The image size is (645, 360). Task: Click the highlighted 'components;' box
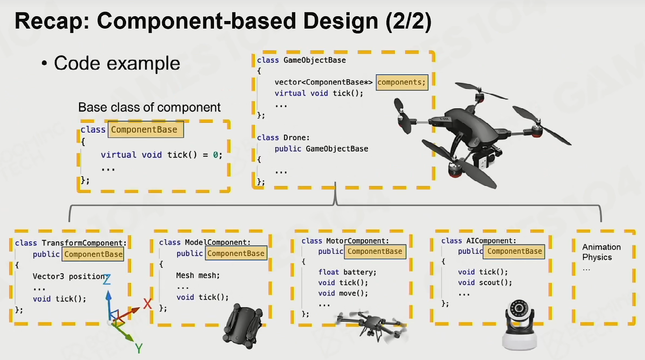coord(402,82)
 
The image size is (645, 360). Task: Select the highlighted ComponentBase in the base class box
coord(145,129)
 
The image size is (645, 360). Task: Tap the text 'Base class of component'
coord(149,107)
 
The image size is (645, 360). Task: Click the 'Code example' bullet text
coord(117,64)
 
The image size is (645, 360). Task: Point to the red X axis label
coord(147,304)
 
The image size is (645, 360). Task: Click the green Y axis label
coord(139,349)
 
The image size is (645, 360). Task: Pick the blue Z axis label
coord(107,280)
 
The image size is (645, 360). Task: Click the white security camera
coord(519,325)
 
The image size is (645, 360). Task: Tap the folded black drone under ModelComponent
coord(242,326)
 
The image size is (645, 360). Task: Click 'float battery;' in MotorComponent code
coord(347,272)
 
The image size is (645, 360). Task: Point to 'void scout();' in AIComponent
coord(485,282)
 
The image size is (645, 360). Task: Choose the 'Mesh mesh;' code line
coord(198,275)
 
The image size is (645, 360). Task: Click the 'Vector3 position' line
coord(70,276)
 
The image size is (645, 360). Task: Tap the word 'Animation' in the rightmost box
coord(601,247)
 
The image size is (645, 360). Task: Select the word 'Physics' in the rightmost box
coord(597,257)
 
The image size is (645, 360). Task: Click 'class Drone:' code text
coord(283,137)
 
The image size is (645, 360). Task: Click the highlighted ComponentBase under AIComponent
coord(514,251)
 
